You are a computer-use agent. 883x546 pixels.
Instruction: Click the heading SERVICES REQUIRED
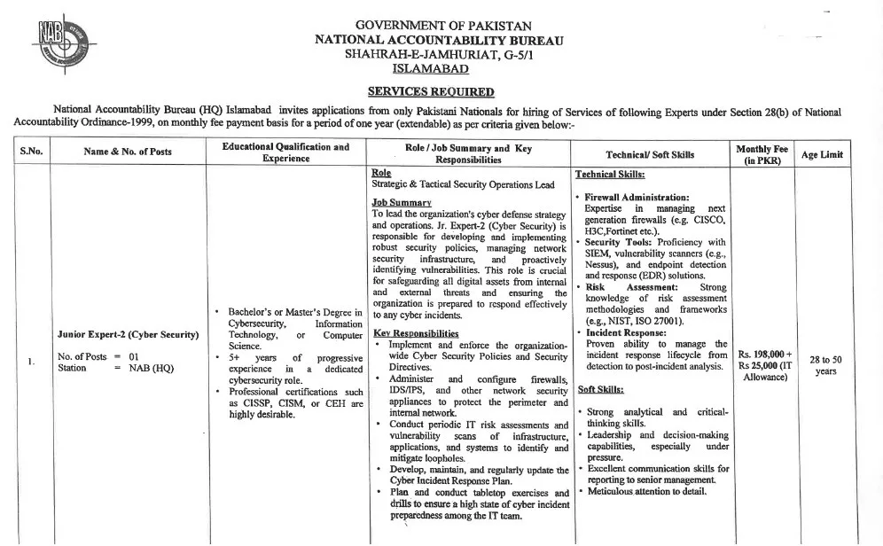[431, 91]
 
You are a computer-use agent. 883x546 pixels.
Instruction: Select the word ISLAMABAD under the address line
[431, 69]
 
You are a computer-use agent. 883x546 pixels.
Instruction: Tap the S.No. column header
[31, 152]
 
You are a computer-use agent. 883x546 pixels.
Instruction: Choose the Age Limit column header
[823, 153]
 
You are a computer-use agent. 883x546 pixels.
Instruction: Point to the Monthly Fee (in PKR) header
[762, 153]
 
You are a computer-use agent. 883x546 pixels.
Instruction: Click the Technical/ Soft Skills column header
[650, 154]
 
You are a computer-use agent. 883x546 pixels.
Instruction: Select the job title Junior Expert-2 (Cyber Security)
[128, 334]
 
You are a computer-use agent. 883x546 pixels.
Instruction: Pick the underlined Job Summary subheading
[402, 202]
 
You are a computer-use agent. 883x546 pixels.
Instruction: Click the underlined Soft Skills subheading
[600, 389]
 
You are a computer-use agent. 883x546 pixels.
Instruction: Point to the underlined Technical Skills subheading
[610, 175]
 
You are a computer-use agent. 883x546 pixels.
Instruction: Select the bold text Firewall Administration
[637, 197]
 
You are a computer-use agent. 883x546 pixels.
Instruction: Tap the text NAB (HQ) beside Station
[152, 368]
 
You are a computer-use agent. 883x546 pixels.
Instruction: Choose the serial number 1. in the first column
[31, 362]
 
